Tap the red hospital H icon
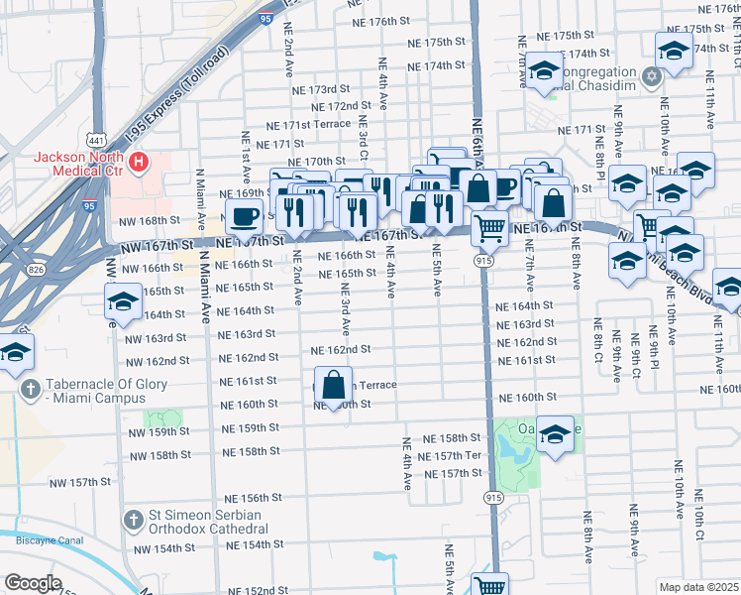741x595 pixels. [x=140, y=161]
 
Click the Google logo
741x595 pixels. [x=33, y=583]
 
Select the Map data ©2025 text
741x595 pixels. [x=698, y=587]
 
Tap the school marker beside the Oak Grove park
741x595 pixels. [x=555, y=433]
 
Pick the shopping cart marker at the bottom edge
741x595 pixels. [x=489, y=585]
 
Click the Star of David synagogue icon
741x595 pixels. [x=652, y=76]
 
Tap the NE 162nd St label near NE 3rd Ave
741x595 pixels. [x=340, y=350]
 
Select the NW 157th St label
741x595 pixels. [x=104, y=482]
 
